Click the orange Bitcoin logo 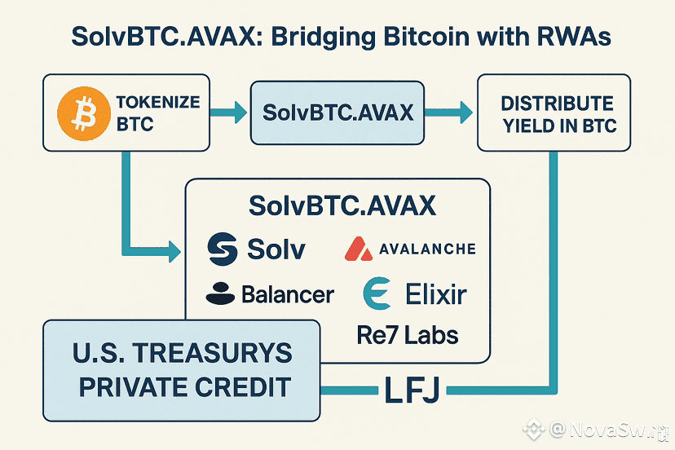click(84, 113)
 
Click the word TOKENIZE click(158, 102)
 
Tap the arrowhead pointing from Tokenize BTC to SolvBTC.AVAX click(240, 112)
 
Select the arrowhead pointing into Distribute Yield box click(466, 112)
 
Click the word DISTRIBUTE click(557, 104)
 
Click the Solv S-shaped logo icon click(222, 249)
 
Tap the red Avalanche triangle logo click(359, 249)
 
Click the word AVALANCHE click(427, 249)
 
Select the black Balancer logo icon click(220, 293)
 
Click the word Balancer click(288, 294)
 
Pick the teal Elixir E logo click(377, 293)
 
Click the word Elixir click(436, 294)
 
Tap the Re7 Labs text click(408, 335)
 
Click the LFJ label click(412, 390)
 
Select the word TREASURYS click(212, 353)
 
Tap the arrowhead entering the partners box click(174, 251)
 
